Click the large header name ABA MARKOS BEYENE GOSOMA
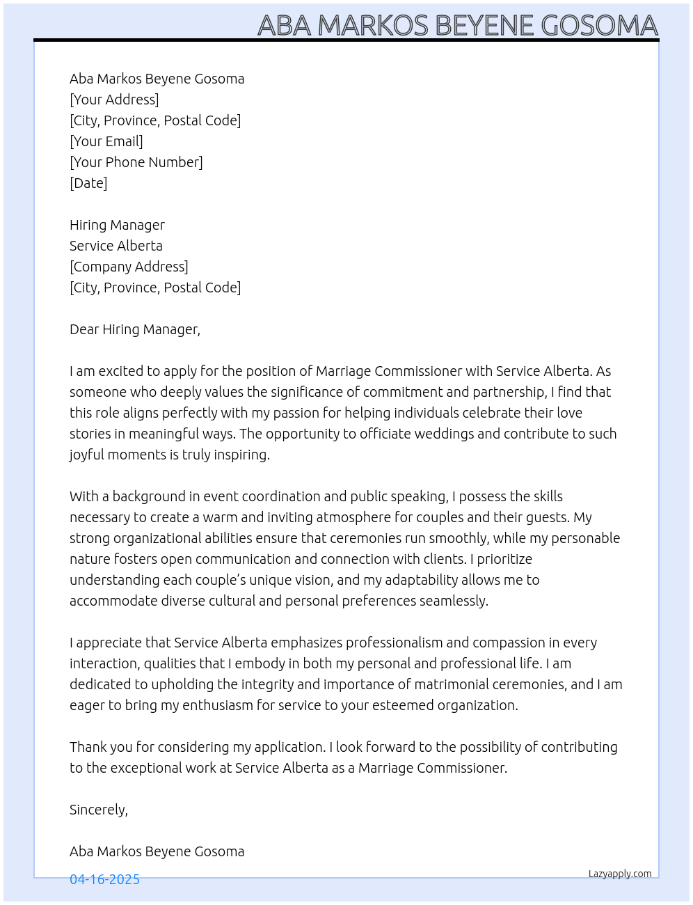(457, 25)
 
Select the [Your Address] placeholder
(114, 100)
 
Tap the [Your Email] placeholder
(106, 141)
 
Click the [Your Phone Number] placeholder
(136, 162)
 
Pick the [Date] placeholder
(88, 183)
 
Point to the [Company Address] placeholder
(129, 267)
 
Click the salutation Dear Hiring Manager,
(135, 329)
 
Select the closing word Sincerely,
(99, 810)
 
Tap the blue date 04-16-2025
(105, 879)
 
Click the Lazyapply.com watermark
(620, 874)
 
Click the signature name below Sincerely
(157, 851)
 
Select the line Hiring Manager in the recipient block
(117, 225)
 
